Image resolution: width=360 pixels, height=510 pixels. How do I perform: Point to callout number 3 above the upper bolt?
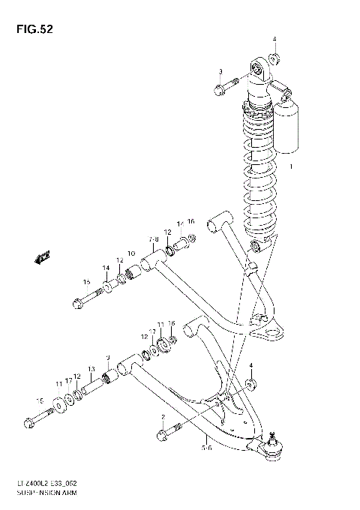(220, 71)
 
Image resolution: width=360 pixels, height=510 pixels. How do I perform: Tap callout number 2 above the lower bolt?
(161, 416)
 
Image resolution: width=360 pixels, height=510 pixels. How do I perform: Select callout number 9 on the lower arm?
(107, 357)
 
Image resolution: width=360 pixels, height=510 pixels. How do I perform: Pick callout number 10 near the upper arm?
(130, 253)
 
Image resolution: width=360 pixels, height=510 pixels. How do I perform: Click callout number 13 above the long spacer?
(91, 369)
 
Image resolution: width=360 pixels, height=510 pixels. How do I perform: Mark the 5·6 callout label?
(205, 447)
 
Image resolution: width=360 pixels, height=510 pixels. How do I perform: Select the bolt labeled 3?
(225, 88)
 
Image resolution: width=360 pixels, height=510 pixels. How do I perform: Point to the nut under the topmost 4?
(274, 58)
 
